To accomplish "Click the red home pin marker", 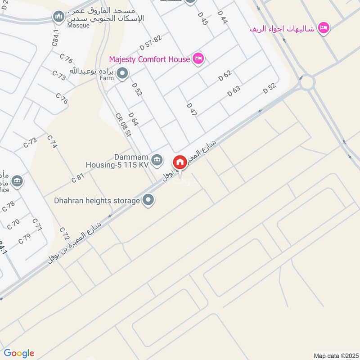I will pyautogui.click(x=180, y=162).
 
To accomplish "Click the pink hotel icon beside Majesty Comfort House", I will pyautogui.click(x=198, y=58).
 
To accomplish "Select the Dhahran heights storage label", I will pyautogui.click(x=97, y=200).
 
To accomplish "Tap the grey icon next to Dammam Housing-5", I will pyautogui.click(x=157, y=159).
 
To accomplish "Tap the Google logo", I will pyautogui.click(x=19, y=353).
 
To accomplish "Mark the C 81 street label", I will pyautogui.click(x=78, y=178).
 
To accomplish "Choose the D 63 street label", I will pyautogui.click(x=234, y=90).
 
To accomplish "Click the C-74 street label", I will pyautogui.click(x=52, y=142).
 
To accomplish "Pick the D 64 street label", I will pyautogui.click(x=133, y=120).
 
